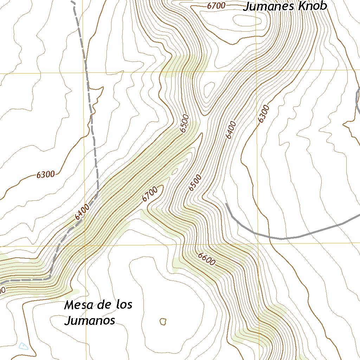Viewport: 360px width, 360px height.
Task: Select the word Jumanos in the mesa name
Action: click(90, 320)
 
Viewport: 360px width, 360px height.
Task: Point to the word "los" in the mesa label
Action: click(124, 304)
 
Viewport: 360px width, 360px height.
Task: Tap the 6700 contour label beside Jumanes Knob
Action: click(216, 6)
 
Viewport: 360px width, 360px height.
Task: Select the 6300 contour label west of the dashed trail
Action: click(46, 174)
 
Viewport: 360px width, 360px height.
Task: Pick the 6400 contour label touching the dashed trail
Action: click(82, 212)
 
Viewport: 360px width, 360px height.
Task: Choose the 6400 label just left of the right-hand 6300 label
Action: click(231, 130)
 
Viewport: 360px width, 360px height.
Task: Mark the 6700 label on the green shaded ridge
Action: click(150, 194)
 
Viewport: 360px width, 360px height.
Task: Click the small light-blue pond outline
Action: click(23, 346)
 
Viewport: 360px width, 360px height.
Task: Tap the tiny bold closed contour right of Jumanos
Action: click(163, 321)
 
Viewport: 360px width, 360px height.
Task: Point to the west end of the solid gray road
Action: click(226, 204)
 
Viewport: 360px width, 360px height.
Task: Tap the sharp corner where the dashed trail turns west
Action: click(50, 278)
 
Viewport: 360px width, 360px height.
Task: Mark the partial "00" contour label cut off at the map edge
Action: click(2, 290)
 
